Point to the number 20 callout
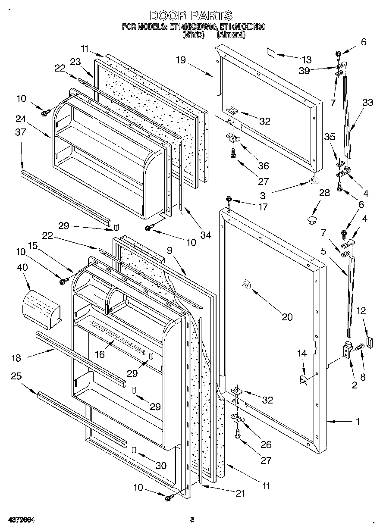tap(287, 317)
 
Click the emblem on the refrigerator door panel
tap(245, 285)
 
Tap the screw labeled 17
tap(229, 200)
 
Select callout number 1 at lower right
tap(357, 422)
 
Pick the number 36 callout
tap(263, 166)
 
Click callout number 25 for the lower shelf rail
tap(16, 376)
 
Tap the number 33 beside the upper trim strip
tap(367, 103)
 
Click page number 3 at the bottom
tap(192, 519)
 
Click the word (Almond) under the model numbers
tap(232, 35)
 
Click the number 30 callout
tap(160, 466)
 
